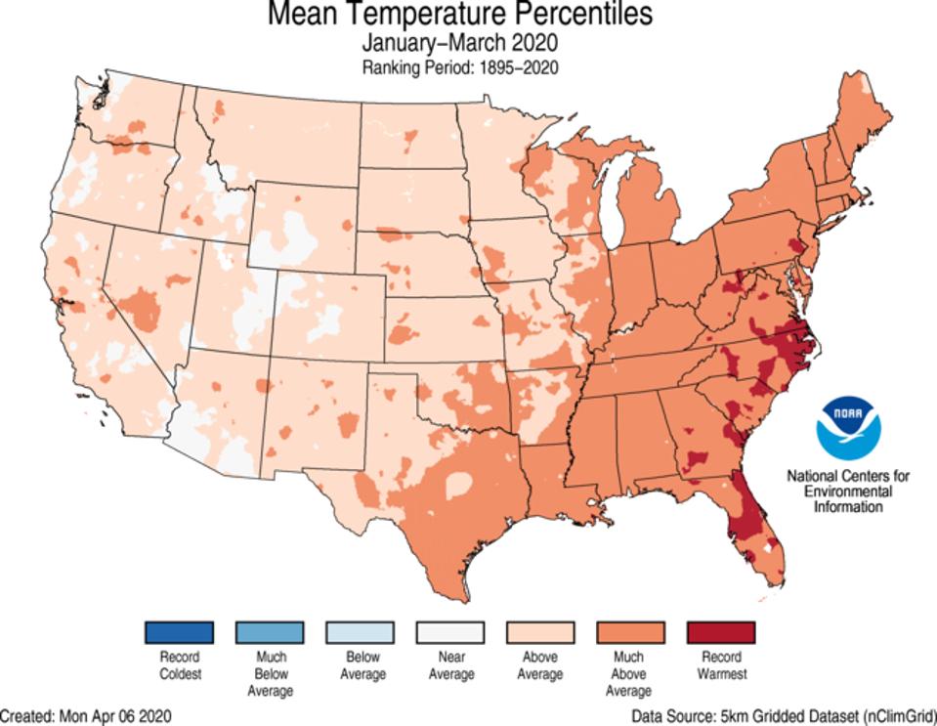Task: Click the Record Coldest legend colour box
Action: (x=179, y=632)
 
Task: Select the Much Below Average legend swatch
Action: (x=269, y=632)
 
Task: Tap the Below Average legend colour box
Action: (x=360, y=632)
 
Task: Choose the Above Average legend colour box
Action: (x=540, y=632)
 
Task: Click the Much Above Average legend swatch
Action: (x=630, y=632)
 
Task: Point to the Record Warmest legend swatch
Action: (x=721, y=632)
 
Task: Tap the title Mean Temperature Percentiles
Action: (x=459, y=16)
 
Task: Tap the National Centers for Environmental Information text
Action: (x=849, y=491)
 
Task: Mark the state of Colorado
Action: (x=327, y=313)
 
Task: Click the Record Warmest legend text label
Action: (x=721, y=664)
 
